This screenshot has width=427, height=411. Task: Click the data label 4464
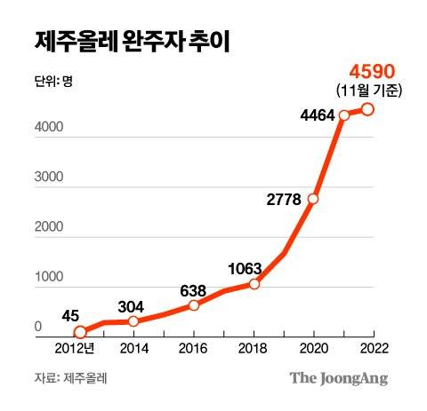pyautogui.click(x=317, y=114)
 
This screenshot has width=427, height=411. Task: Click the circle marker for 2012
pyautogui.click(x=78, y=332)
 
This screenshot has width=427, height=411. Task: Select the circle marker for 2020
pyautogui.click(x=312, y=198)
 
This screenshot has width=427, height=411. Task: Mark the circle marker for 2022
pyautogui.click(x=367, y=109)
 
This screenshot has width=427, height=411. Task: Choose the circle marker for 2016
pyautogui.click(x=195, y=304)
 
